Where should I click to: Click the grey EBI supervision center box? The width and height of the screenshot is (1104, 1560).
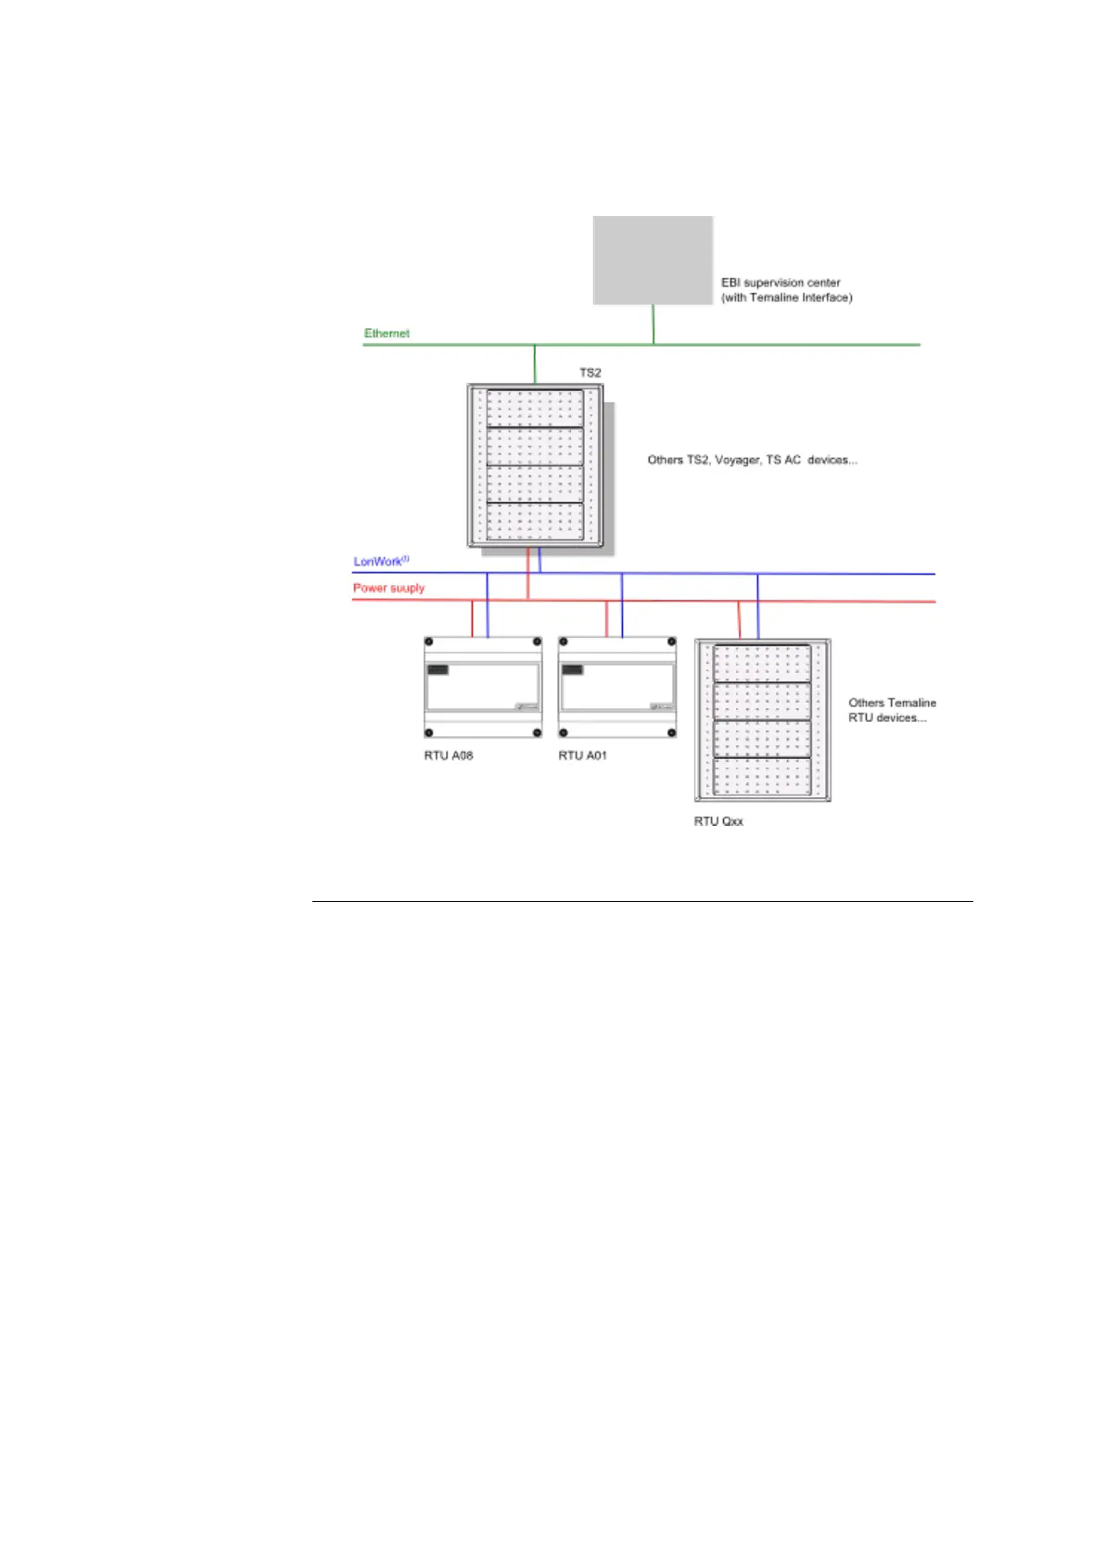pos(653,260)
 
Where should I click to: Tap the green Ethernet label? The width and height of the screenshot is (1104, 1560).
pos(387,333)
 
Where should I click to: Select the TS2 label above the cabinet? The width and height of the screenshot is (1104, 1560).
pos(590,373)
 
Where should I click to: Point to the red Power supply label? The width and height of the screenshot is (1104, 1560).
pos(388,588)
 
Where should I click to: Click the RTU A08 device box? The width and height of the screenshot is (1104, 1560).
pos(483,687)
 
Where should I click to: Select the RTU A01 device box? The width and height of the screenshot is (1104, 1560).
pos(617,687)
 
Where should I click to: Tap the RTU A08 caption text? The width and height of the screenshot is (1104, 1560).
pos(449,755)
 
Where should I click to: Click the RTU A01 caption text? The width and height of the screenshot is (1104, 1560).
pos(582,755)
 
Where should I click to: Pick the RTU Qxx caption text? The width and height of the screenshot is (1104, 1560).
pos(718,821)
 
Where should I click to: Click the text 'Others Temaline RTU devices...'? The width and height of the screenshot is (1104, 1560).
pos(892,710)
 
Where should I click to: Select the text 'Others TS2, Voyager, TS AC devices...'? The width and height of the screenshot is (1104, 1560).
pos(752,460)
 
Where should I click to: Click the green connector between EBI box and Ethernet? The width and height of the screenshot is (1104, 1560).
pos(654,324)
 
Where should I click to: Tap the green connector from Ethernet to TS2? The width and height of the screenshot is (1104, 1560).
pos(535,364)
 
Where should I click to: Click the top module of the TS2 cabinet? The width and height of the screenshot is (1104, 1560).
pos(536,408)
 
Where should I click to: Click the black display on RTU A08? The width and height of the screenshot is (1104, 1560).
pos(438,669)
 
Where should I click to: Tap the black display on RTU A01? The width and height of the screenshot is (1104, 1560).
pos(572,669)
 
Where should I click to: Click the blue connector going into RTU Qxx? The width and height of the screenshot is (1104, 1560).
pos(758,607)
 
